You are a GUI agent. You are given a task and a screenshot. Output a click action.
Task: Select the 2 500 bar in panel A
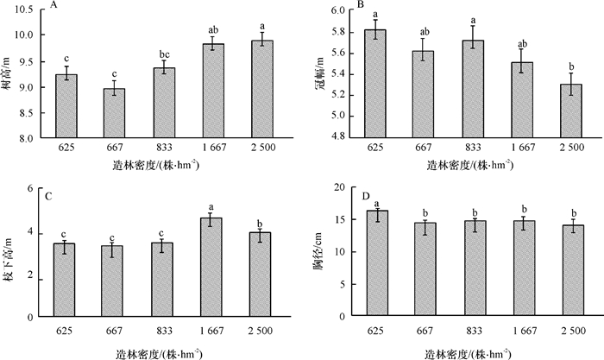click(x=261, y=90)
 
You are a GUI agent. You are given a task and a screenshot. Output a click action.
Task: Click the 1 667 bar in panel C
click(x=212, y=268)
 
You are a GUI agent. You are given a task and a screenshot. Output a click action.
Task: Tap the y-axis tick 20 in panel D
click(x=338, y=188)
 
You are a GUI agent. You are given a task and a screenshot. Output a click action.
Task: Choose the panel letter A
click(x=53, y=6)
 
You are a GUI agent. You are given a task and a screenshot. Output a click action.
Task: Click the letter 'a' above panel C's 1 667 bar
click(x=212, y=206)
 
